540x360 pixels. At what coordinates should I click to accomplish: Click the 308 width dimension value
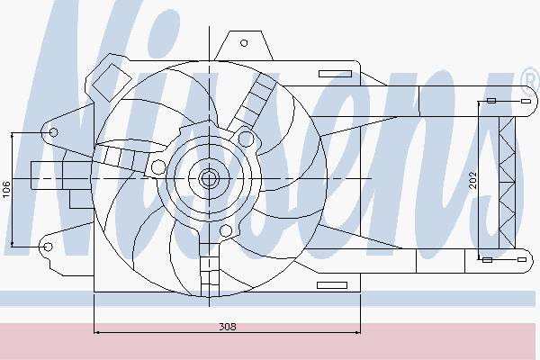point(228,326)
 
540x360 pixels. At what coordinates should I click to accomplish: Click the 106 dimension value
point(6,190)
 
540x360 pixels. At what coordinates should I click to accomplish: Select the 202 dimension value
point(473,180)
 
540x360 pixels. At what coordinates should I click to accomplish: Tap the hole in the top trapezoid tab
point(244,43)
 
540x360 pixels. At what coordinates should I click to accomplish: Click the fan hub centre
point(209,178)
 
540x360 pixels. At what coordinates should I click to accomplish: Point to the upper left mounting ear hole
point(53,132)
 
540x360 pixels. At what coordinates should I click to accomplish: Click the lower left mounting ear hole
point(48,247)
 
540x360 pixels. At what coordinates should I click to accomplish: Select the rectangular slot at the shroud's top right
point(335,74)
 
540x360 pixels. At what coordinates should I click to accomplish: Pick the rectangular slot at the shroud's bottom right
point(332,285)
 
